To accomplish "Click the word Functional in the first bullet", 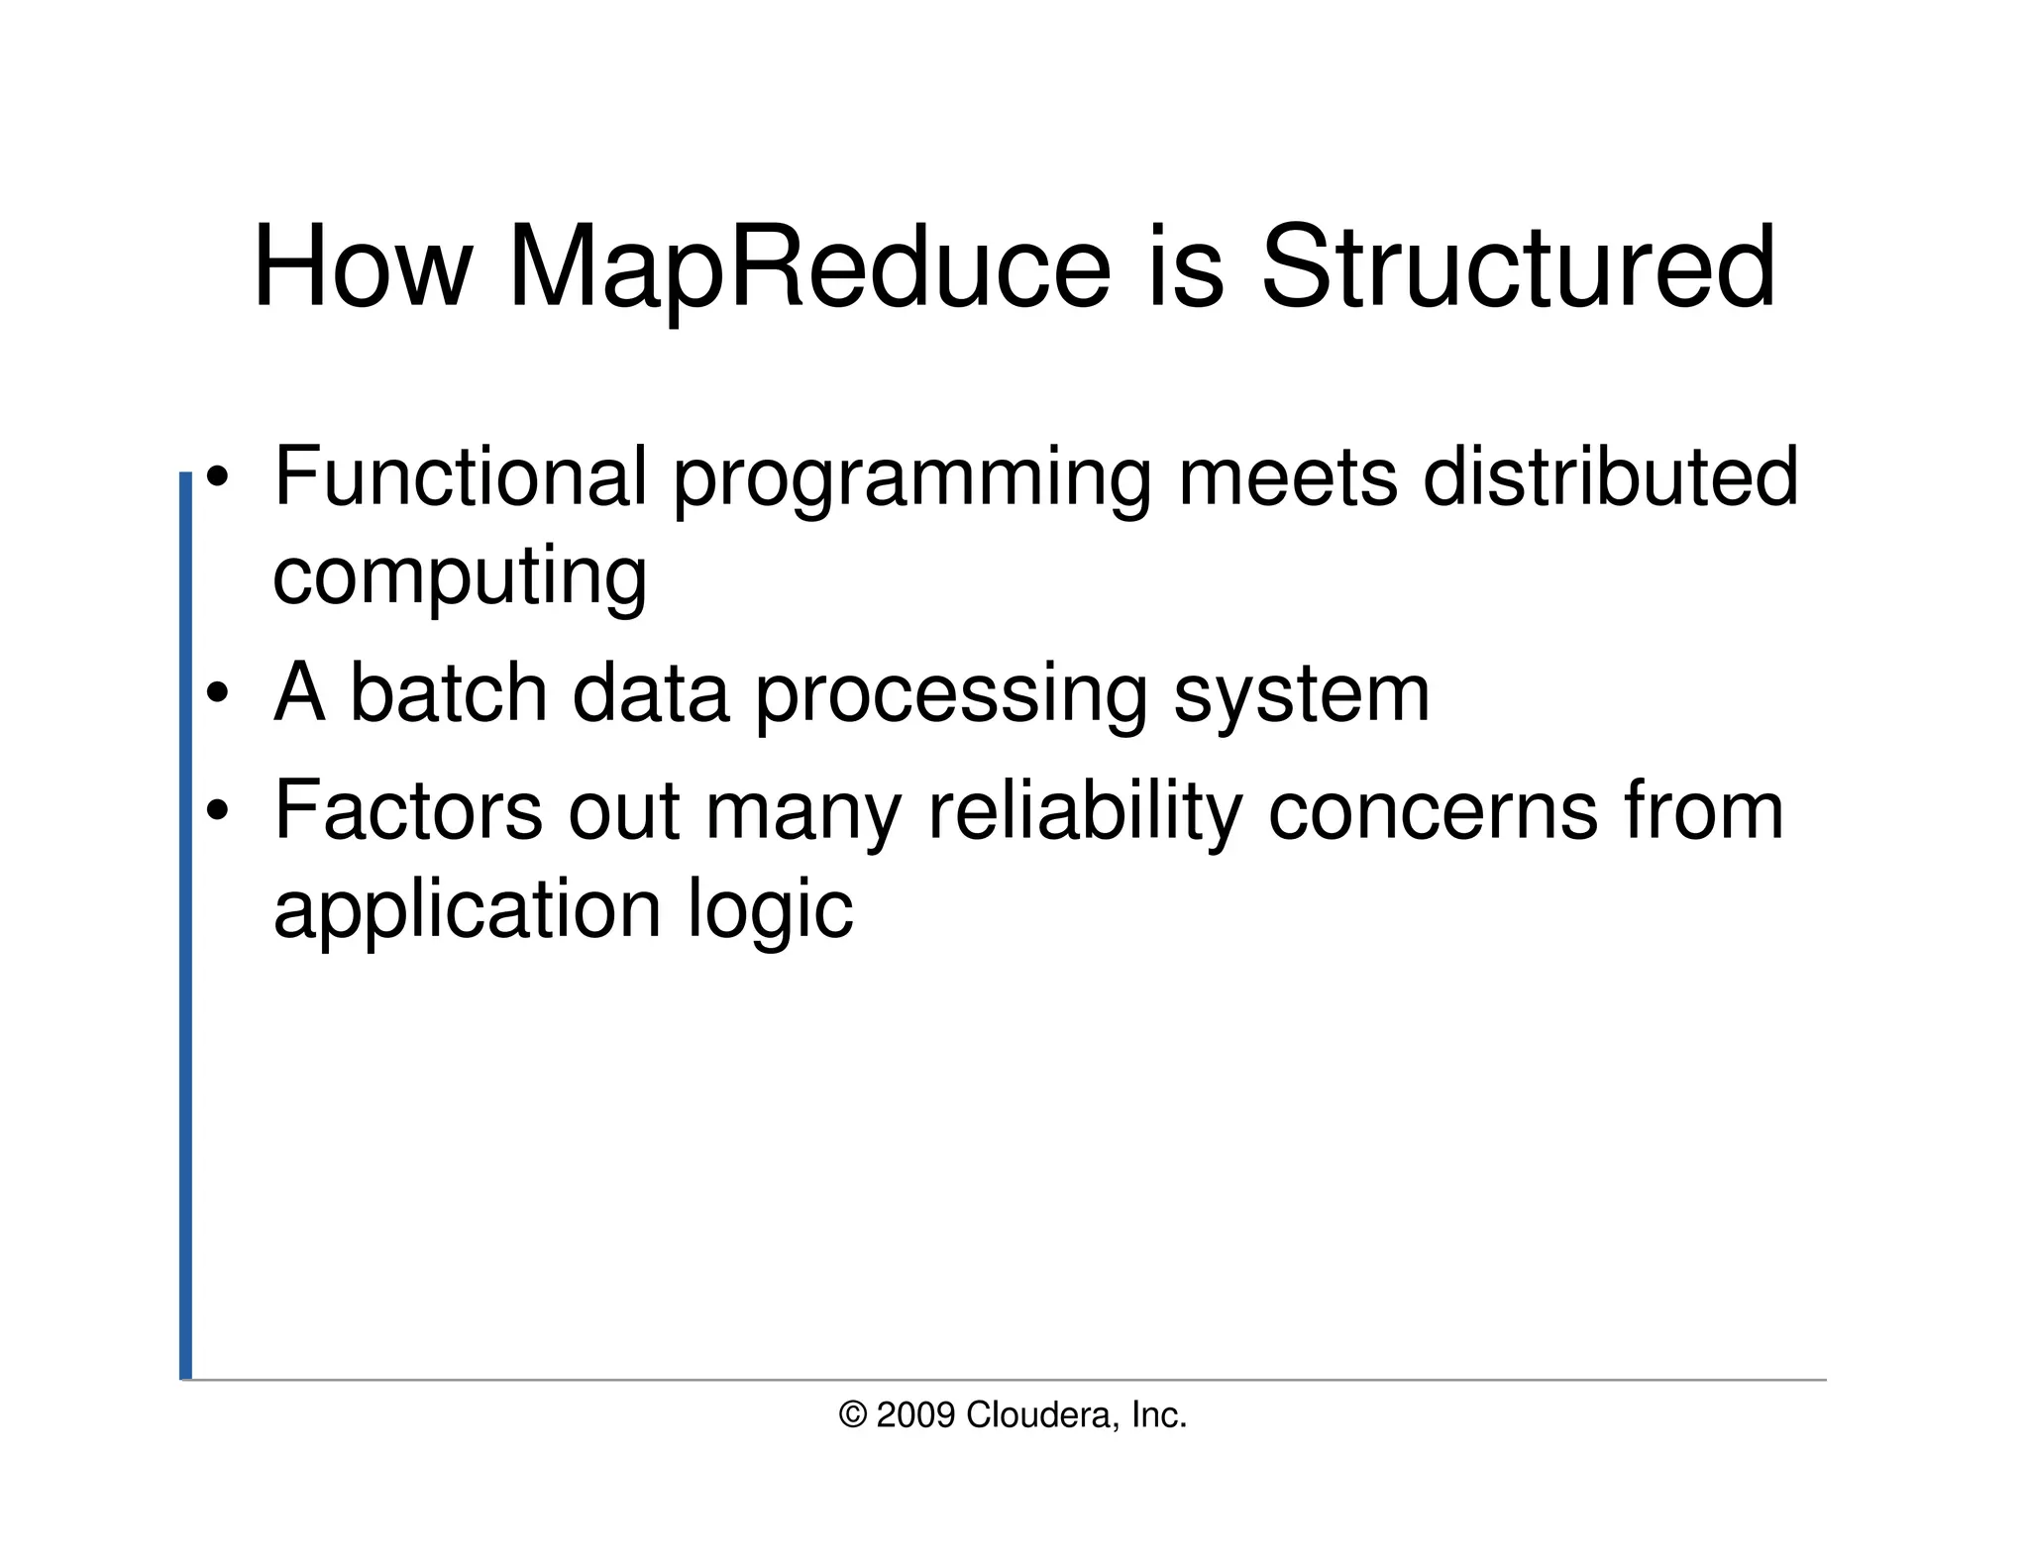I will [x=460, y=477].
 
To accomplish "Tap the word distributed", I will [x=1610, y=477].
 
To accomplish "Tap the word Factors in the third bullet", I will [x=407, y=812].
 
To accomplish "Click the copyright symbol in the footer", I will [x=852, y=1415].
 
